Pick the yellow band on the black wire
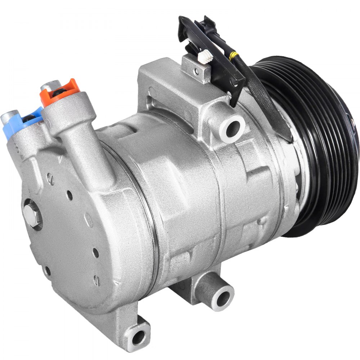234,56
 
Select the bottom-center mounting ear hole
222,297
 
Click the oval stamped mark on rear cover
88,220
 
